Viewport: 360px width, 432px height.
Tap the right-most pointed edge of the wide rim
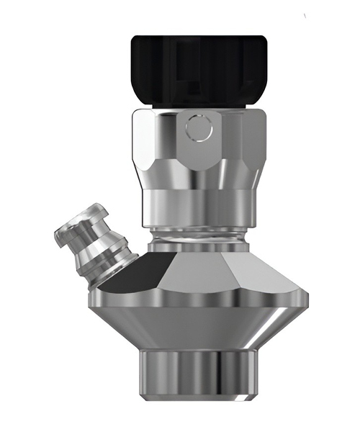pyautogui.click(x=307, y=294)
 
